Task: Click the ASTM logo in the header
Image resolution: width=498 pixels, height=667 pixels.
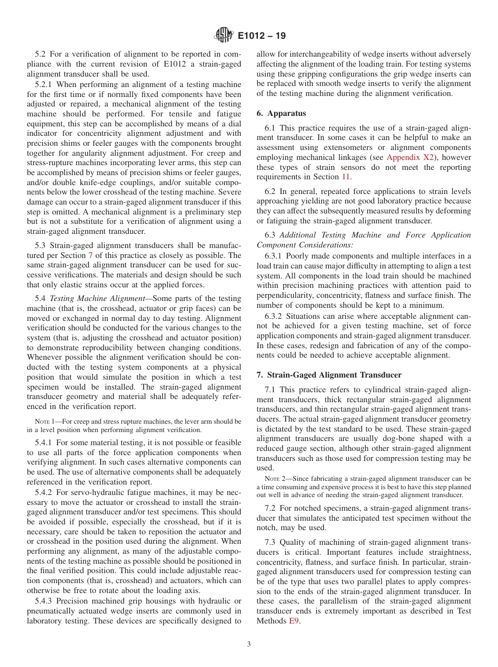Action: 224,36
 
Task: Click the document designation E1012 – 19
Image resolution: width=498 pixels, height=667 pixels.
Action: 262,36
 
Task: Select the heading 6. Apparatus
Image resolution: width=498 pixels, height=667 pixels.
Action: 281,113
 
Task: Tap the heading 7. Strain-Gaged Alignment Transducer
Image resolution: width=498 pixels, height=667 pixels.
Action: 329,375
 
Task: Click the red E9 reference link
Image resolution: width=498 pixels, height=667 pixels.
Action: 294,621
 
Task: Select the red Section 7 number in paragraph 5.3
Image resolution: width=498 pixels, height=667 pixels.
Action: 90,255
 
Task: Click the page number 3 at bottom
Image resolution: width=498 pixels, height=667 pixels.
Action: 249,644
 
